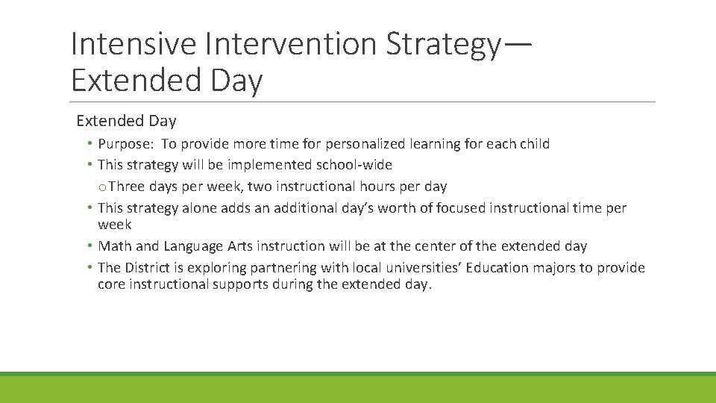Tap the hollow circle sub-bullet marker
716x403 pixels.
tap(103, 187)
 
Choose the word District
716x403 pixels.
tap(149, 268)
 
